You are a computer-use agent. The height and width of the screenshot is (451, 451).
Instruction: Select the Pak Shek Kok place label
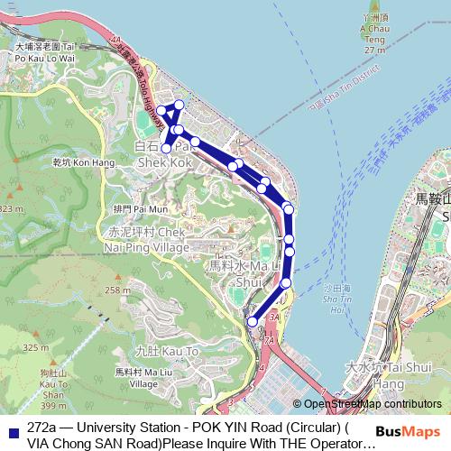pyautogui.click(x=165, y=154)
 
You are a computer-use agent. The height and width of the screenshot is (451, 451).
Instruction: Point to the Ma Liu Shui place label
pyautogui.click(x=237, y=273)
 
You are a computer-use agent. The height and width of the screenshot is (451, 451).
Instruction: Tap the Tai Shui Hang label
pyautogui.click(x=382, y=375)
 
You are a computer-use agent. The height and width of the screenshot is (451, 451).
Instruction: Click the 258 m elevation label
pyautogui.click(x=117, y=290)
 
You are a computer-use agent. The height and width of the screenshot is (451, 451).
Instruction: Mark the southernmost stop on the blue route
pyautogui.click(x=252, y=321)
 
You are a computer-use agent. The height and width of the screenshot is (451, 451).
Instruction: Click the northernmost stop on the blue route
pyautogui.click(x=179, y=105)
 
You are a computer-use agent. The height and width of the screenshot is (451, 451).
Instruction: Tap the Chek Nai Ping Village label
pyautogui.click(x=146, y=239)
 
